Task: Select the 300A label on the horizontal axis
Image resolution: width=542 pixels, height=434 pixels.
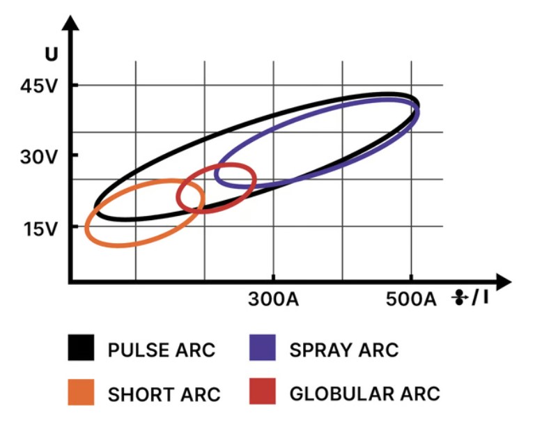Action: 274,300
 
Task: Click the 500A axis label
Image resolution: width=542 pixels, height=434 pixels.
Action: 412,300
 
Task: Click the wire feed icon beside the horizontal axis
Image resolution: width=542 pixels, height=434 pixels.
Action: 459,299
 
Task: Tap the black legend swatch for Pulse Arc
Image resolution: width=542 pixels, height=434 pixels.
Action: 81,348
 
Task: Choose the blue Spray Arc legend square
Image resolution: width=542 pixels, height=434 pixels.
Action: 263,348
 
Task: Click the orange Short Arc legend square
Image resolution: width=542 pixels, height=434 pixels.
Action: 81,392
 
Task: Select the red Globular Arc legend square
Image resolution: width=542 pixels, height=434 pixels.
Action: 263,392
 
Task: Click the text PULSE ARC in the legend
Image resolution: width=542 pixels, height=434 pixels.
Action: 162,349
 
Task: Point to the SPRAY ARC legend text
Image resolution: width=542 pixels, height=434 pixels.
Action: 343,349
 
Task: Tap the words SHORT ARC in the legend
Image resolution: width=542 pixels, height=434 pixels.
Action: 164,394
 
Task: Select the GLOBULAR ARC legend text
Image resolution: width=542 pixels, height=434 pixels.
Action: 364,393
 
